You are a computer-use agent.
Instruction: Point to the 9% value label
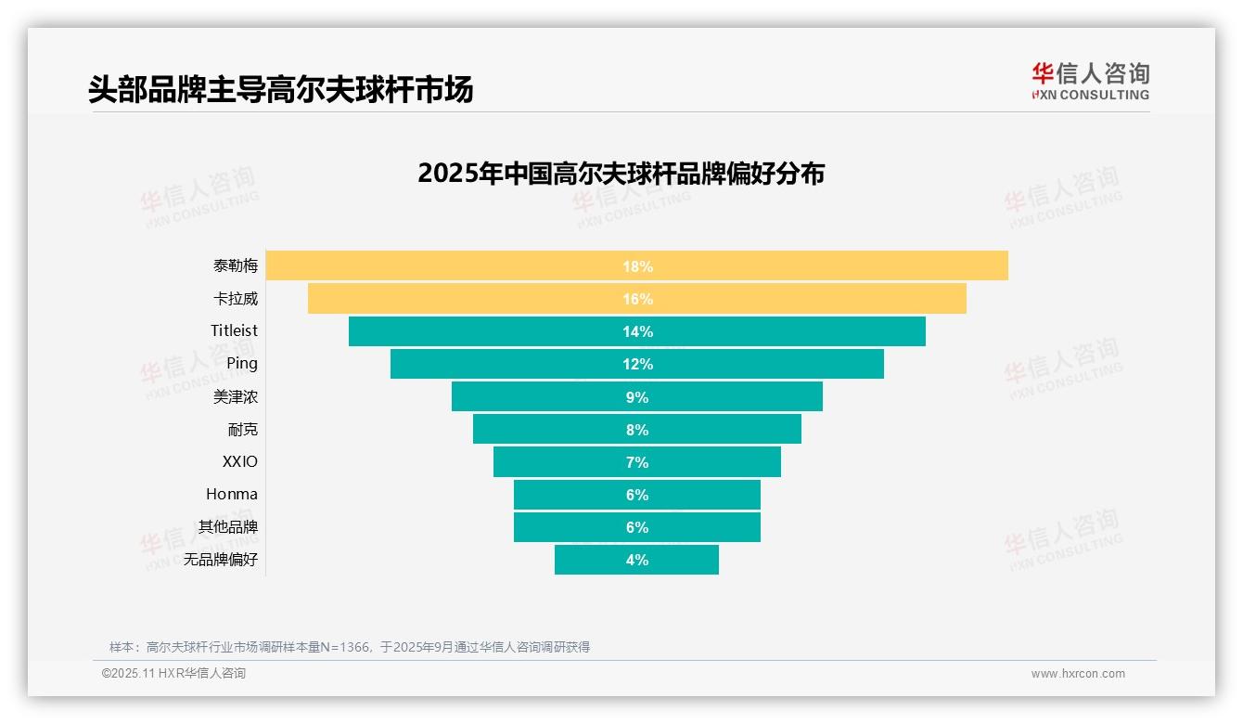(636, 397)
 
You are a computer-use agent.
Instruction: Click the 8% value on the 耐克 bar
(636, 430)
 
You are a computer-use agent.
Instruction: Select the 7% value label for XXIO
(636, 462)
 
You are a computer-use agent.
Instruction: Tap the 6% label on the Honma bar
(636, 495)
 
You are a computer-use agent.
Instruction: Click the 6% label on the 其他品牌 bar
(636, 527)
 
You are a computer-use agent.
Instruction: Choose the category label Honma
(232, 494)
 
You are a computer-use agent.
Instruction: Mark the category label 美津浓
(236, 396)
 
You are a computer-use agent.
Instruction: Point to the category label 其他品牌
(228, 526)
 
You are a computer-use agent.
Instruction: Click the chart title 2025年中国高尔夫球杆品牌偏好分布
(621, 174)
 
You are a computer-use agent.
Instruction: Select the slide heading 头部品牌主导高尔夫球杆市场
(280, 89)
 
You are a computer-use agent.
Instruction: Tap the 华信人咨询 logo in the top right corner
(1090, 82)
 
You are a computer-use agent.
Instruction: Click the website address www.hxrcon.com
(1078, 674)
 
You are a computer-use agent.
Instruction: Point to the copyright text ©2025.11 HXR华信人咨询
(173, 674)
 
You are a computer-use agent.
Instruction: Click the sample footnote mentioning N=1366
(349, 647)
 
